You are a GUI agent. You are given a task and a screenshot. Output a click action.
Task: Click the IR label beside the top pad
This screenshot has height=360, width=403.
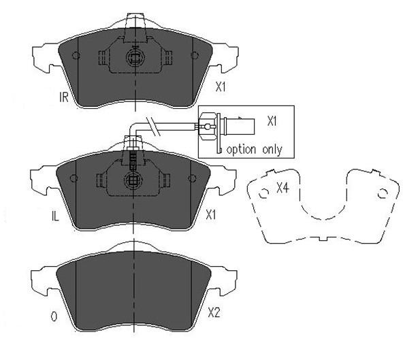(x=64, y=97)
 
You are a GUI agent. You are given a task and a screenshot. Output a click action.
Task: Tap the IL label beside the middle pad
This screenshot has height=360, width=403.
(x=55, y=216)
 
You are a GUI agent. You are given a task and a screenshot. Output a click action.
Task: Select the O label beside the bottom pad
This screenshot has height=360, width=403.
(x=54, y=316)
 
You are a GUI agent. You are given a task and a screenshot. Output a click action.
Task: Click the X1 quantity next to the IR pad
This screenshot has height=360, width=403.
(x=221, y=87)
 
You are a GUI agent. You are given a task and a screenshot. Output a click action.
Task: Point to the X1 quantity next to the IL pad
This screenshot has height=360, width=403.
(x=211, y=214)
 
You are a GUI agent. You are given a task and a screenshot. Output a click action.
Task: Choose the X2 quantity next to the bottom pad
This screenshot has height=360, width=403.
(x=214, y=313)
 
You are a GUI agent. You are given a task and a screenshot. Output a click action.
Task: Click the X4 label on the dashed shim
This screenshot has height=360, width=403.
(x=283, y=189)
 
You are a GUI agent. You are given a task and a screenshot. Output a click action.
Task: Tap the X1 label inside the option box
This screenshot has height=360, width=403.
(x=272, y=120)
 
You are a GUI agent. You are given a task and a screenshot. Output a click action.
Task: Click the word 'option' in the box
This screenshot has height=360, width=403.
(x=241, y=150)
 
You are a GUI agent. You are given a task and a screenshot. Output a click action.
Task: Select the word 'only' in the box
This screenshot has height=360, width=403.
(x=272, y=150)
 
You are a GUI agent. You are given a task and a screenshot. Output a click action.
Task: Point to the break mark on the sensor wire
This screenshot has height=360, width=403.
(x=153, y=127)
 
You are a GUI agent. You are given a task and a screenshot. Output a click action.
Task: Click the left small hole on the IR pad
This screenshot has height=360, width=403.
(x=76, y=55)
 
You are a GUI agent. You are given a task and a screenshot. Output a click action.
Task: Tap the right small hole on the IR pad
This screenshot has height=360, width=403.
(x=195, y=55)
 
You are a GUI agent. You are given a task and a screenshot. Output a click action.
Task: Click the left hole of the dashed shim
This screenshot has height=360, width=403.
(x=263, y=193)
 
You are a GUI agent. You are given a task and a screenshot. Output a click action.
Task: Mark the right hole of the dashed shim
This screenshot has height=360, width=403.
(x=383, y=193)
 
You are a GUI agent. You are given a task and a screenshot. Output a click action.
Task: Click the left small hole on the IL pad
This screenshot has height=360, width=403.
(x=74, y=178)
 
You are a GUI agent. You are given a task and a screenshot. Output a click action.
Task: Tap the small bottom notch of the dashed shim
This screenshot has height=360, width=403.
(x=323, y=239)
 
